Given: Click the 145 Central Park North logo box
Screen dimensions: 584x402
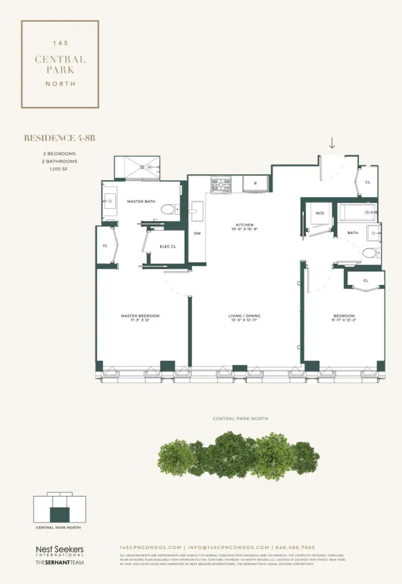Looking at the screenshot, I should (60, 64).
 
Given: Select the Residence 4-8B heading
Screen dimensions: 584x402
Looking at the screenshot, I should (60, 139).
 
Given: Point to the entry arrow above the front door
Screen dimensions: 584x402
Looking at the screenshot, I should (332, 144).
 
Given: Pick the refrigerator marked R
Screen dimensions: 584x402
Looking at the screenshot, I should (255, 184).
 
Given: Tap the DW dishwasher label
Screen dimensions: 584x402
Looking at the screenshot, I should (197, 233).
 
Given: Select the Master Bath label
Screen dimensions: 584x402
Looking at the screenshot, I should (141, 202).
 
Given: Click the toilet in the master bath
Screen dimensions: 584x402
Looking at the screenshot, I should (169, 209).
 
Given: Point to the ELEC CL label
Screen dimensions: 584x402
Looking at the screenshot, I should (168, 247).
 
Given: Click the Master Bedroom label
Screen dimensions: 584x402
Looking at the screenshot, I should (140, 318).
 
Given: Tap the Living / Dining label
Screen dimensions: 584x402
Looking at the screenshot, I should (244, 318).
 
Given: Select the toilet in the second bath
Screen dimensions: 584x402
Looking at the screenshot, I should (370, 253).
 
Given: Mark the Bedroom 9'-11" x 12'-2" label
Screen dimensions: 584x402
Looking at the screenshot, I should (344, 318).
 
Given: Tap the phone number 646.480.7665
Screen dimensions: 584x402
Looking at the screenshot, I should (295, 547).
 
